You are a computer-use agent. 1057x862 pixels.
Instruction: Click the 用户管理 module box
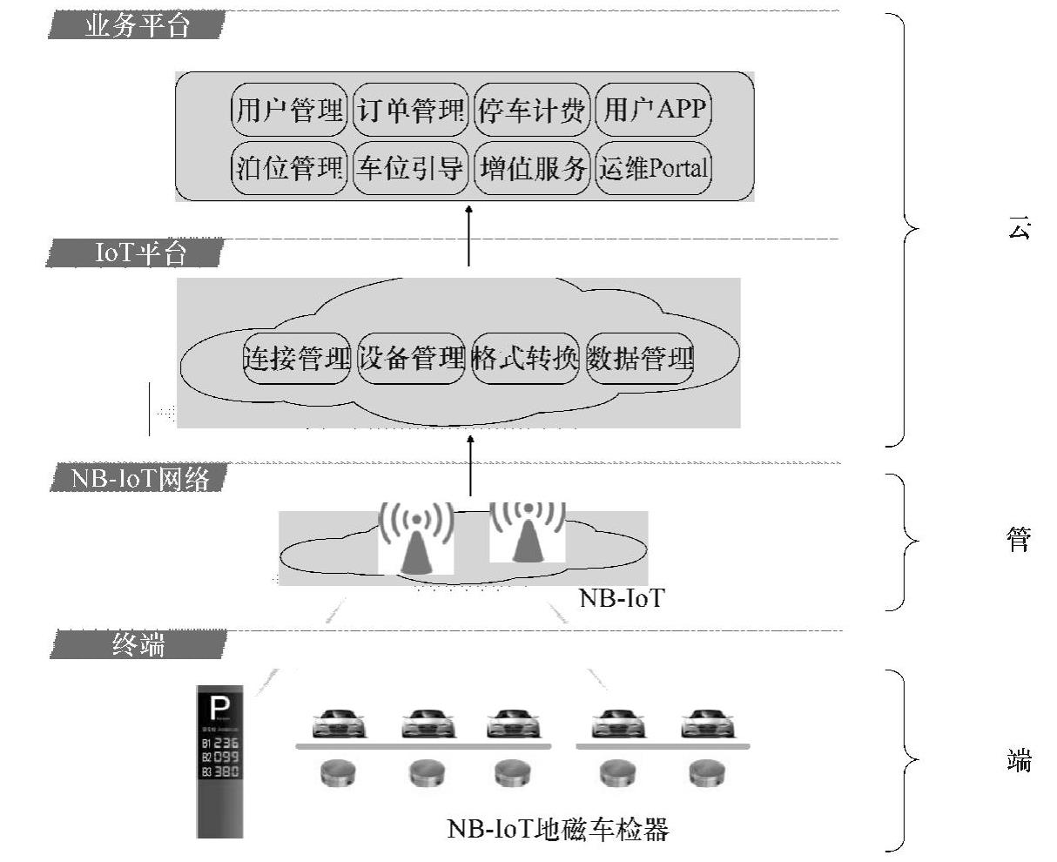pyautogui.click(x=290, y=110)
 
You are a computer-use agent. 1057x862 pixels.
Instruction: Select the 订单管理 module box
pyautogui.click(x=410, y=110)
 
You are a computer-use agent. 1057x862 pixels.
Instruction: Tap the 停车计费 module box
pyautogui.click(x=531, y=110)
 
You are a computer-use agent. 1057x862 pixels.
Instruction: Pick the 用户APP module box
pyautogui.click(x=653, y=110)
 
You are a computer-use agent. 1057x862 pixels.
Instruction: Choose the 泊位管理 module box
pyautogui.click(x=290, y=167)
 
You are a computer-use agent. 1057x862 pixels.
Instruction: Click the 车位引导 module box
pyautogui.click(x=410, y=167)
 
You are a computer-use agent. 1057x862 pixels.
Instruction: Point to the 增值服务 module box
pyautogui.click(x=531, y=167)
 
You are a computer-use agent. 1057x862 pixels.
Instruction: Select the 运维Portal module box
pyautogui.click(x=653, y=167)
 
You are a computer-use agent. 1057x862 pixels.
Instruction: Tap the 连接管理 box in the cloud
pyautogui.click(x=297, y=358)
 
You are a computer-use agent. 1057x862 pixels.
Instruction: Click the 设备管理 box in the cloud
pyautogui.click(x=411, y=358)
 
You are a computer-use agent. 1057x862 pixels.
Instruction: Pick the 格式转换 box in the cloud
pyautogui.click(x=524, y=358)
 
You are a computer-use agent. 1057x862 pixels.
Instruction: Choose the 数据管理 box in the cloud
pyautogui.click(x=639, y=358)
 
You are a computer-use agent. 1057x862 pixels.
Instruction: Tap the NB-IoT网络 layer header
pyautogui.click(x=139, y=478)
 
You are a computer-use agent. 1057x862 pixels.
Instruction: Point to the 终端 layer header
pyautogui.click(x=138, y=644)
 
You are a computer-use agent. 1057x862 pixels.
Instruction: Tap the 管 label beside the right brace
pyautogui.click(x=1019, y=540)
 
